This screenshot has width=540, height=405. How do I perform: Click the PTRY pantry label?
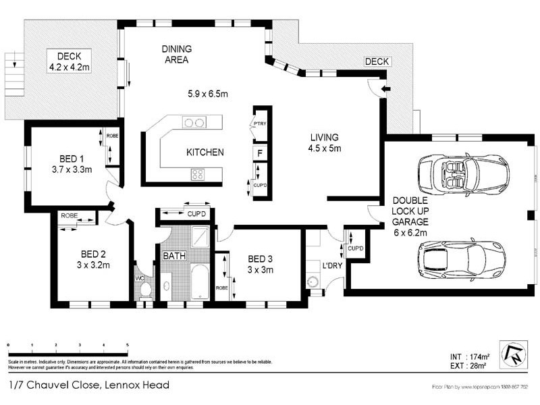259,124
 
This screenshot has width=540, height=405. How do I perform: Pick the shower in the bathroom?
200,237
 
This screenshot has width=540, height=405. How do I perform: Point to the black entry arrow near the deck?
385,88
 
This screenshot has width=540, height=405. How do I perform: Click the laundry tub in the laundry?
313,281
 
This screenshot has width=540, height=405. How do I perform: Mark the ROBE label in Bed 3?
221,287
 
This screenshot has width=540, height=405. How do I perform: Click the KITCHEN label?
205,153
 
